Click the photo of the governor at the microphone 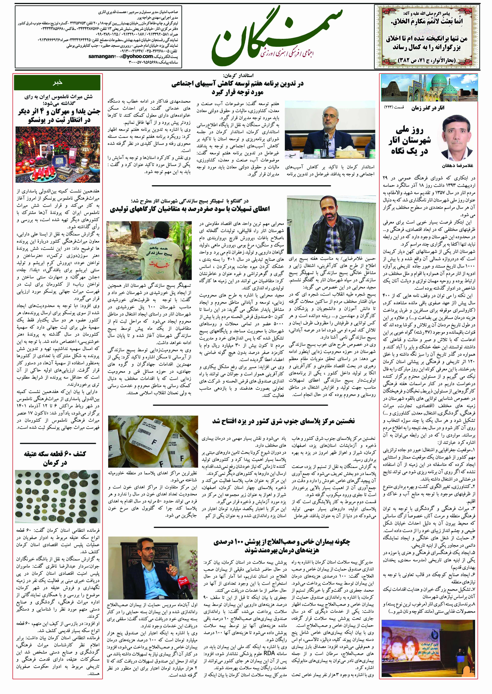[x=330, y=130]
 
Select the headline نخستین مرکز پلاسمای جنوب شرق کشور [x=283, y=421]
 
